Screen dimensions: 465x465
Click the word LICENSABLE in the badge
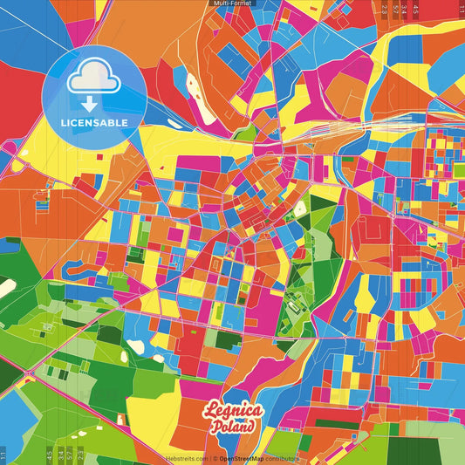click(x=94, y=122)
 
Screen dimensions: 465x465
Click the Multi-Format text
click(x=231, y=3)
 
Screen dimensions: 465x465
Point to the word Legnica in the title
click(x=232, y=412)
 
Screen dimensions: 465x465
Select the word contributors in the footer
click(x=283, y=458)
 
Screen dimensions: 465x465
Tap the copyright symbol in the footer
click(x=213, y=458)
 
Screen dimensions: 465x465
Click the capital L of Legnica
click(x=209, y=411)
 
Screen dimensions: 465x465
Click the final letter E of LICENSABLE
click(x=126, y=122)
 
